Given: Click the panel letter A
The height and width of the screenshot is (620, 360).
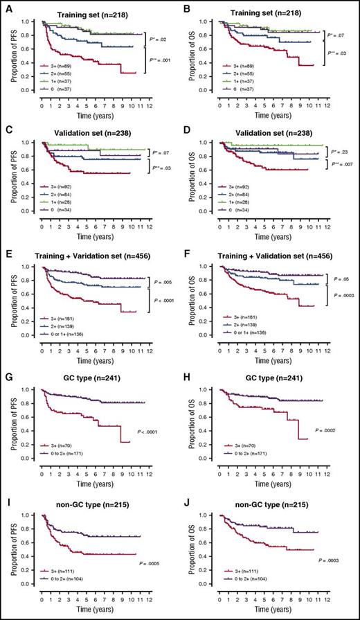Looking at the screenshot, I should coord(6,6).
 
